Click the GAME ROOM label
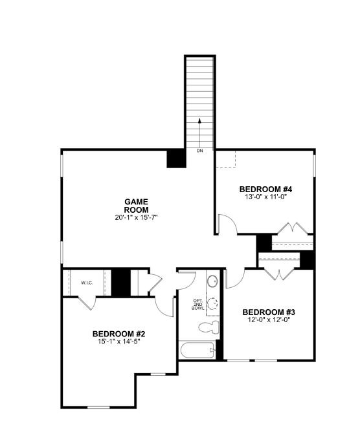click(x=136, y=206)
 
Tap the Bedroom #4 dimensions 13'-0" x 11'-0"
click(x=265, y=197)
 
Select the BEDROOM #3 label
click(x=269, y=312)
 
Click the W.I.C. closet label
click(x=87, y=283)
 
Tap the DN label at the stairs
click(x=199, y=151)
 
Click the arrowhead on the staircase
click(x=199, y=120)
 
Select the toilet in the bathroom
click(x=209, y=327)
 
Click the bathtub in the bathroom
click(x=197, y=350)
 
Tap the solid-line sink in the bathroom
click(x=212, y=281)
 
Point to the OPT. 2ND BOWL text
click(x=197, y=304)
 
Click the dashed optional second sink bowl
click(x=212, y=303)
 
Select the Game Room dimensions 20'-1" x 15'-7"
click(x=136, y=218)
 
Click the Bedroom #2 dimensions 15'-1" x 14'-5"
click(x=119, y=342)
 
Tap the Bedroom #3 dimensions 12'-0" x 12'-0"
click(x=269, y=320)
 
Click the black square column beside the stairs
click(x=176, y=158)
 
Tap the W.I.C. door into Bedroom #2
click(x=85, y=303)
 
